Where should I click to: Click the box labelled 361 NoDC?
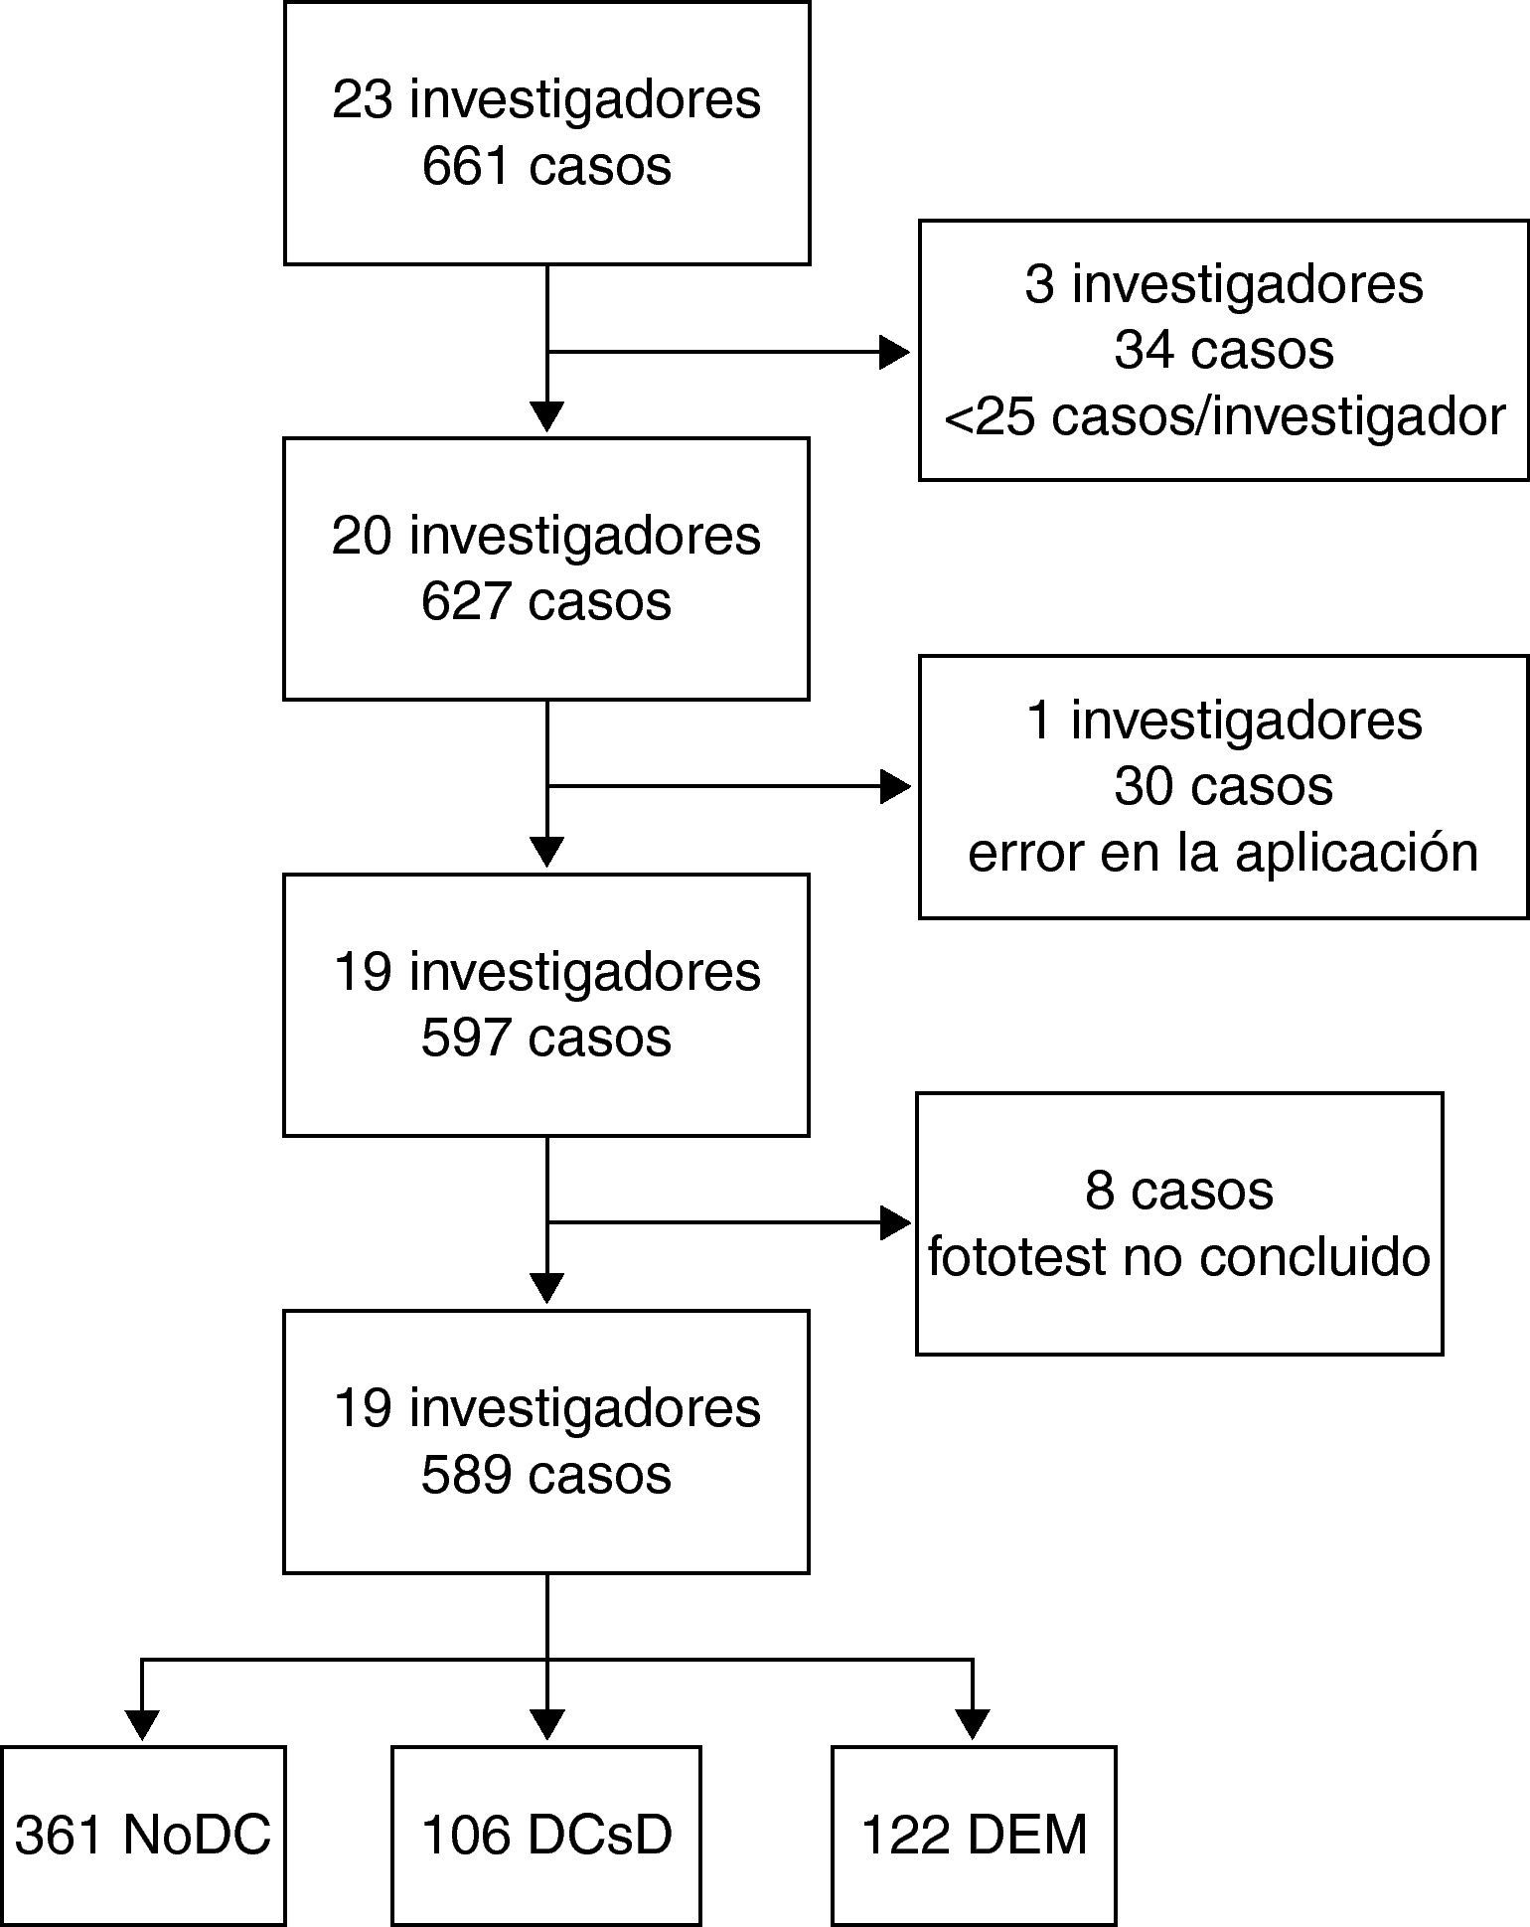(143, 1835)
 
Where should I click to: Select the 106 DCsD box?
(546, 1835)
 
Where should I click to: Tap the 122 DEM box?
(974, 1835)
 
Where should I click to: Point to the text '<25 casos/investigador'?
(1224, 416)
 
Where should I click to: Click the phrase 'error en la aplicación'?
(1223, 853)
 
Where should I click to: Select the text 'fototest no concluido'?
(1178, 1256)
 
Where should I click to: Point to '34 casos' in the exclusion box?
(1224, 350)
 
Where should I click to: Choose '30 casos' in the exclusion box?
(1223, 786)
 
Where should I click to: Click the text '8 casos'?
(1178, 1190)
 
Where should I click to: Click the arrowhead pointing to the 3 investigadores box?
(894, 352)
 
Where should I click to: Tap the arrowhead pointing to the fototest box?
(894, 1222)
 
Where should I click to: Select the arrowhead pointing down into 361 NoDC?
(143, 1724)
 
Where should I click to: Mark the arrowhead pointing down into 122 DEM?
(973, 1724)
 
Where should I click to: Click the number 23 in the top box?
(362, 99)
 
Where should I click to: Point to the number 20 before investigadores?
(362, 536)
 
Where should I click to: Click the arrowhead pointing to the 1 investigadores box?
(894, 787)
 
